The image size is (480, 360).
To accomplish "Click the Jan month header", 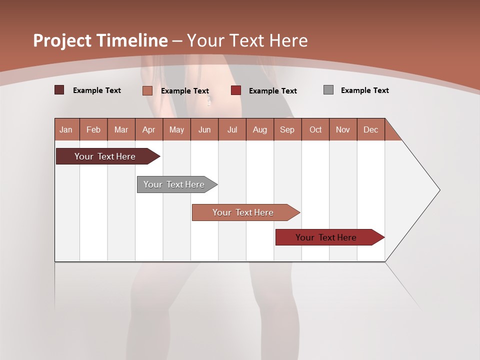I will pos(66,129).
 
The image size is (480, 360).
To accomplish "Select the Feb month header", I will pos(93,129).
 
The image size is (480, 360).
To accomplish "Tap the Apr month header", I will pos(149,129).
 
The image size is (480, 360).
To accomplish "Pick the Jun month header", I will pos(204,129).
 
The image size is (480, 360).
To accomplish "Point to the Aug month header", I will pos(260,129).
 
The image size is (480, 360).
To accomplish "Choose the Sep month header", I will pos(287,129).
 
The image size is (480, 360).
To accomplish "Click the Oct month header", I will pos(315,129).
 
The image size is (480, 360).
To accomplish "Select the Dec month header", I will pos(371,129).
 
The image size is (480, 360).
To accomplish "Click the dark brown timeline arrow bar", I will pos(105,156).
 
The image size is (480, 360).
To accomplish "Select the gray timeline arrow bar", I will pos(174,184).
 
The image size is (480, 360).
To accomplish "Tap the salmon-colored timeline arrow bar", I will pos(243,212).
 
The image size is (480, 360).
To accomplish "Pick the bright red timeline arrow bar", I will pos(326,237).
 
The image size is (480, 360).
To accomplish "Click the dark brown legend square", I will pos(59,90).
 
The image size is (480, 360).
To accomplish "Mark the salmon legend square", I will pos(147,90).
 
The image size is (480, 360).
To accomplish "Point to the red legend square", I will pos(236,90).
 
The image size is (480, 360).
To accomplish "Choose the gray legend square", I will pos(328,90).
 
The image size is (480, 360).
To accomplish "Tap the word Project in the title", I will pos(62,40).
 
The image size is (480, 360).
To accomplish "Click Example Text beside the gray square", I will pos(364,90).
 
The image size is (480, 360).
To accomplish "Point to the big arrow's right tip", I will pos(439,190).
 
